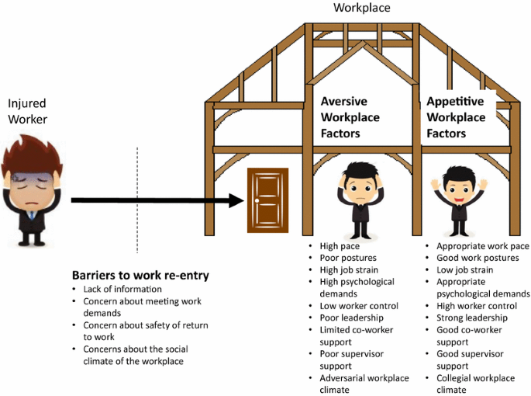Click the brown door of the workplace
(267, 200)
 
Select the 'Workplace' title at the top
(361, 8)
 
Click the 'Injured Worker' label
(28, 111)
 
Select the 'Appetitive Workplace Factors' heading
(456, 117)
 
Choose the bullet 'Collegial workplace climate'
(470, 384)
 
